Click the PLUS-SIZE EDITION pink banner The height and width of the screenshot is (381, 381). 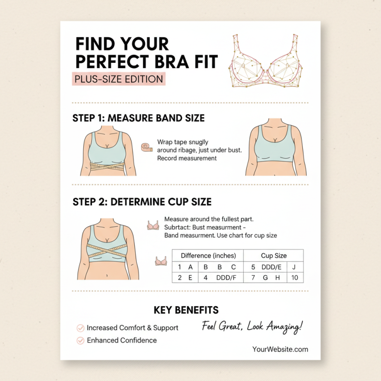119,79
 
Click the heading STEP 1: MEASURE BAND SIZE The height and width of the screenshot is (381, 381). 138,118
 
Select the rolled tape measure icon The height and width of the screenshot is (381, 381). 147,147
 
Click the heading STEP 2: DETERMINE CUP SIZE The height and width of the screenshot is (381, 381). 142,201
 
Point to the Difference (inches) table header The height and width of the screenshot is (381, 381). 208,256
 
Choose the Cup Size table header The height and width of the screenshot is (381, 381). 273,256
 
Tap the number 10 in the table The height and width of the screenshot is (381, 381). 295,278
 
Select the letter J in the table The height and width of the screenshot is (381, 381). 294,267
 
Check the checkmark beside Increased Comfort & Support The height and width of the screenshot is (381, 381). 80,328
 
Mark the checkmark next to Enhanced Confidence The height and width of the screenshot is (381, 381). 80,341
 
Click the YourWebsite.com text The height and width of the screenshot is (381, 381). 280,350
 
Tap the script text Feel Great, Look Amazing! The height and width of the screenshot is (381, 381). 252,327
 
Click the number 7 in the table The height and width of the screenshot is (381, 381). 253,278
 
